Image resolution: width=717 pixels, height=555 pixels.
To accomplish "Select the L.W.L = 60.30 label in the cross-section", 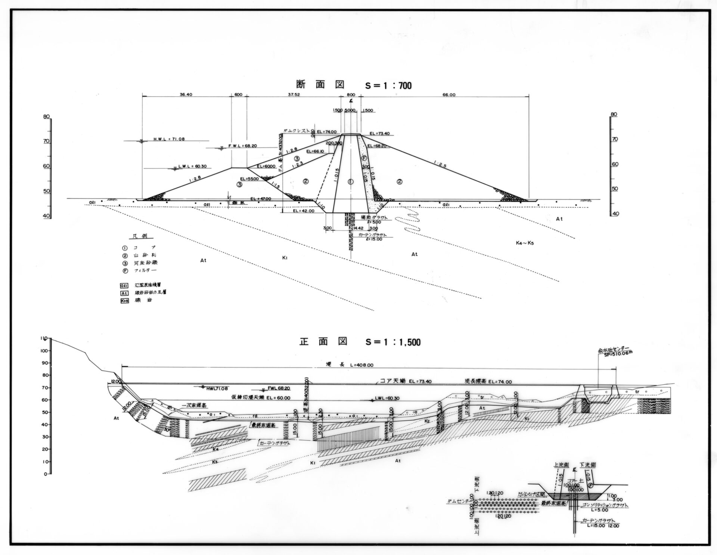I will [x=193, y=167].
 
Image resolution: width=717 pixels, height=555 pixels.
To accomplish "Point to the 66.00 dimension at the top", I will [x=449, y=95].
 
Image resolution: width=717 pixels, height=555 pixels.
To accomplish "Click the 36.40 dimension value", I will [x=186, y=95].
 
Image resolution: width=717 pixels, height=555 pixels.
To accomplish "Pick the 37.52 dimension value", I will [x=294, y=95].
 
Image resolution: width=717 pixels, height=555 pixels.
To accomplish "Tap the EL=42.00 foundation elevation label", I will [x=304, y=211].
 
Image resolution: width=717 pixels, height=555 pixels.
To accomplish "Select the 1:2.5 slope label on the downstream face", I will [x=441, y=163].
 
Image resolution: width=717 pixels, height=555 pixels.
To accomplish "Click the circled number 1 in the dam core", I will [x=350, y=182].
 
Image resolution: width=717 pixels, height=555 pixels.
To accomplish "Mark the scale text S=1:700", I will [x=388, y=86].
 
